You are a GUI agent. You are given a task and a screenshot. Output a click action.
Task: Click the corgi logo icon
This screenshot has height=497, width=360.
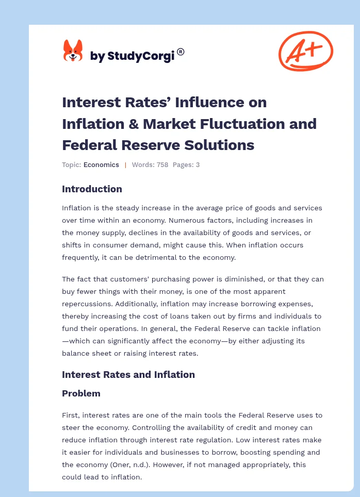click(x=73, y=51)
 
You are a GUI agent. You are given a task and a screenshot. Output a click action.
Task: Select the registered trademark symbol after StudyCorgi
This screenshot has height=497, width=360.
click(x=181, y=52)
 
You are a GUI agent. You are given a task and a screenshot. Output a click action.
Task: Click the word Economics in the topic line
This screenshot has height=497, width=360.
click(x=102, y=165)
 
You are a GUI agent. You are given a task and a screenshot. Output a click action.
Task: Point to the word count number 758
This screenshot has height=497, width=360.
click(x=161, y=165)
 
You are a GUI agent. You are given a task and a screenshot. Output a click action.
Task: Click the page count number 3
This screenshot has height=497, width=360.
click(x=198, y=165)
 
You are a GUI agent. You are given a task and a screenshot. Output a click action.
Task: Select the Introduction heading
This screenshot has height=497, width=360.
click(x=92, y=189)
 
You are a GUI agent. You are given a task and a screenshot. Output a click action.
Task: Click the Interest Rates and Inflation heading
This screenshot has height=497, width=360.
click(x=128, y=375)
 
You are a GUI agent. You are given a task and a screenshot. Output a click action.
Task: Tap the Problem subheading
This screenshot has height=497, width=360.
click(x=81, y=393)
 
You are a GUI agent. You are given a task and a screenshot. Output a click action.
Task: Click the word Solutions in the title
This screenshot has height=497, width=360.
click(x=223, y=145)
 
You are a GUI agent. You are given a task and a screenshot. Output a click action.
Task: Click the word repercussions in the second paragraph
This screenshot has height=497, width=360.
click(x=87, y=304)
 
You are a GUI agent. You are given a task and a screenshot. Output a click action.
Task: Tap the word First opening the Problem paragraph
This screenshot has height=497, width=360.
click(x=71, y=415)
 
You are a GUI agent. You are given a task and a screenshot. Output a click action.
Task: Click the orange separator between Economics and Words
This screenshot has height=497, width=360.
click(x=125, y=165)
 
